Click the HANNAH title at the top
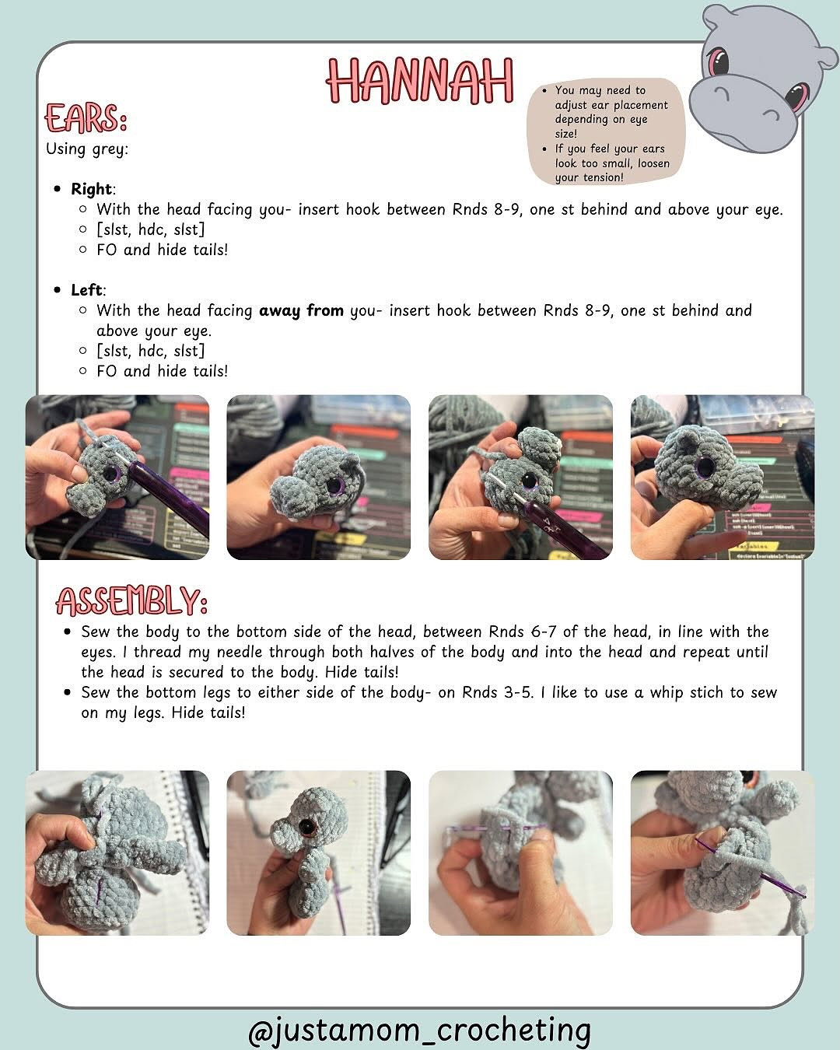point(420,80)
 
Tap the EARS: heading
point(86,120)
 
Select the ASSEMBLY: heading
point(131,601)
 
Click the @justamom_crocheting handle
point(419,1029)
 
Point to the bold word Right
point(91,189)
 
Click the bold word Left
point(86,290)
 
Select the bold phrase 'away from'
point(301,311)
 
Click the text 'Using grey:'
point(87,149)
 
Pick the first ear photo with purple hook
point(117,477)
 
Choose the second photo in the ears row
point(318,477)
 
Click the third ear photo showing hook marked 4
point(520,477)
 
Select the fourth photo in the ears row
point(722,477)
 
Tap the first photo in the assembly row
point(117,852)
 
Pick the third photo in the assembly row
point(520,852)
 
